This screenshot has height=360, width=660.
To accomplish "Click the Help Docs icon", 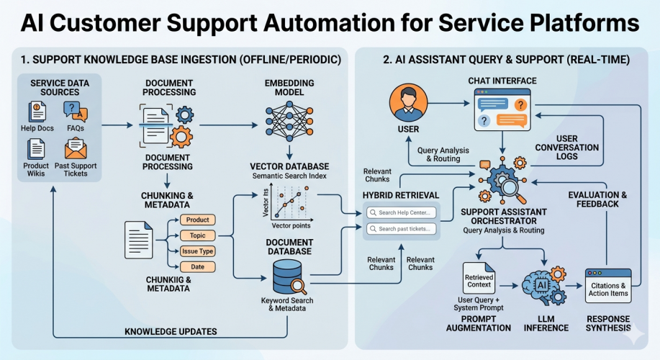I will point(37,112).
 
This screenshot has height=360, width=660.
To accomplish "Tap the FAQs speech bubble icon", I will point(75,111).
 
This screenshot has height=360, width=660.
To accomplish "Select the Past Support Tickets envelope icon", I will point(76,148).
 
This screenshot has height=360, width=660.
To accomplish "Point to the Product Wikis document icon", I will point(37,148).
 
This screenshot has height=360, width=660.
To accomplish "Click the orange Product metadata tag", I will point(197,220).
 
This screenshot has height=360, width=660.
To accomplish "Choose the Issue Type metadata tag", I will point(197,251).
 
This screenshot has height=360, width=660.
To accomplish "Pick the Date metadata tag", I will point(197,266).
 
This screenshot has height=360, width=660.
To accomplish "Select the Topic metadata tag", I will point(197,235).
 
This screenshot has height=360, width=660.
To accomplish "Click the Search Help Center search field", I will point(401,212).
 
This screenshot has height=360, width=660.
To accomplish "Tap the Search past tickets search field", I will point(401,229).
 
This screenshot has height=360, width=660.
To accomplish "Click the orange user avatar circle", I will point(408,103).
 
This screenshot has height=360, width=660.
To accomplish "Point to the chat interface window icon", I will point(506,109).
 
